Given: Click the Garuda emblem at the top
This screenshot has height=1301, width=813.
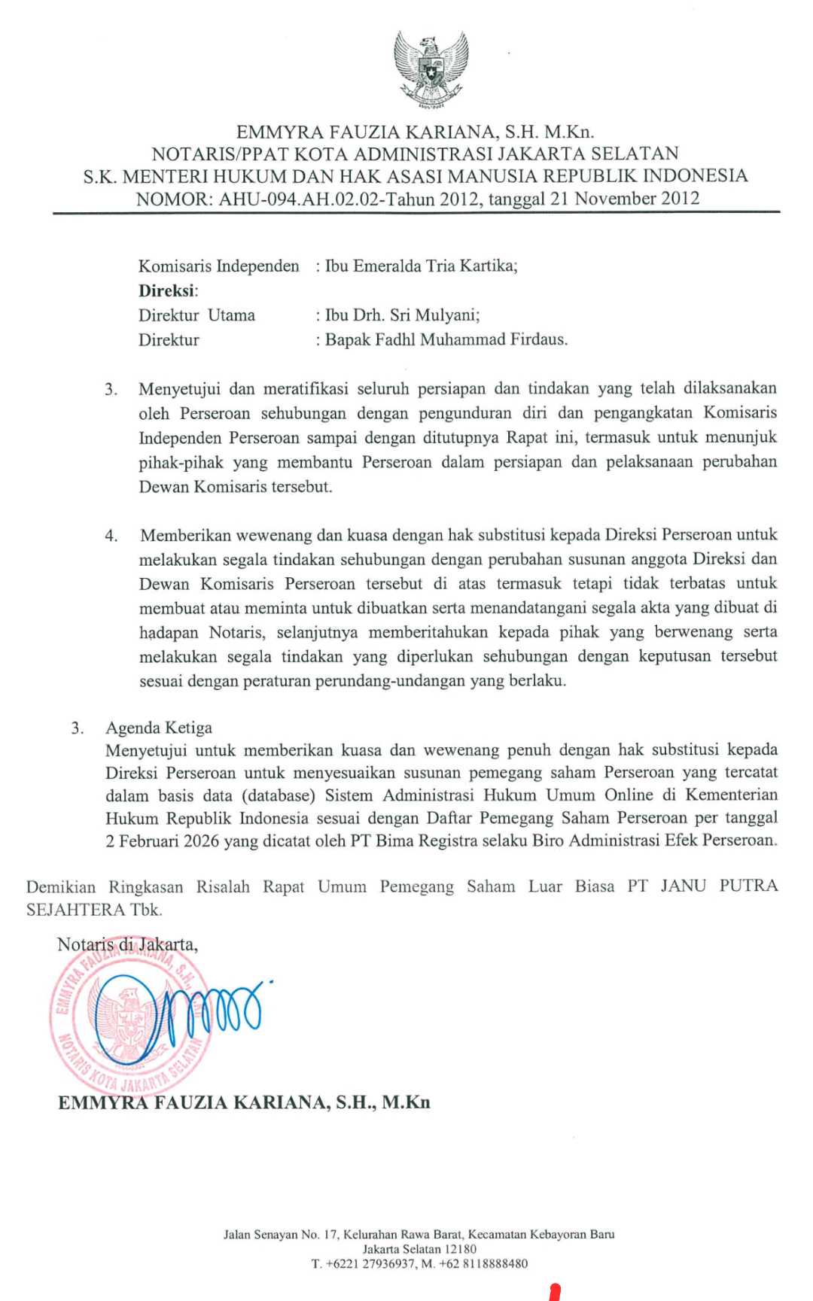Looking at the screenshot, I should (x=431, y=68).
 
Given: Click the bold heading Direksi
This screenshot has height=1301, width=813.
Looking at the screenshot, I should (x=167, y=290).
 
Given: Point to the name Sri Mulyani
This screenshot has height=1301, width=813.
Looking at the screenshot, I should (x=433, y=315).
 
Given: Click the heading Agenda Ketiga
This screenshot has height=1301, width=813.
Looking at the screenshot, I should (x=159, y=728).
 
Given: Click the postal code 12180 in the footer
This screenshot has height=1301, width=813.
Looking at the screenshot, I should (x=459, y=1249).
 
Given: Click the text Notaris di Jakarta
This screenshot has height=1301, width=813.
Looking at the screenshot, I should (x=127, y=944).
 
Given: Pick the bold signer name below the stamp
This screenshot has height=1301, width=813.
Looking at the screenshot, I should (x=244, y=1102).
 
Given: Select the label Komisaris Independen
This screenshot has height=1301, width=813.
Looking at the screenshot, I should (x=219, y=266).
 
